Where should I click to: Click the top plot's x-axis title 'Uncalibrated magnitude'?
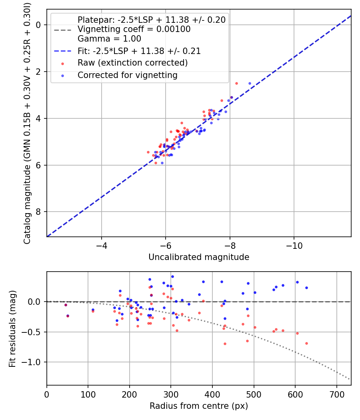point(199,257)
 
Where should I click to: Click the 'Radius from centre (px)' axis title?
point(199,406)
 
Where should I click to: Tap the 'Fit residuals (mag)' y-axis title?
point(12,328)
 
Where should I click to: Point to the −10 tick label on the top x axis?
point(294,245)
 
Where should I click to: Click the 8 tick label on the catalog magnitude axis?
point(39,212)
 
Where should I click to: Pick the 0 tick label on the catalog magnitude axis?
point(39,25)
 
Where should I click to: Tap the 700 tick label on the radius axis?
point(336,394)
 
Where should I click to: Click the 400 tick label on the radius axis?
point(212,394)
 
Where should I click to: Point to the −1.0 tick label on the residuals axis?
point(34,362)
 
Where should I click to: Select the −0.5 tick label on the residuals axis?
point(34,332)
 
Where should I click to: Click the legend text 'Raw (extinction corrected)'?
point(132,63)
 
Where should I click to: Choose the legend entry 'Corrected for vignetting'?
point(127,75)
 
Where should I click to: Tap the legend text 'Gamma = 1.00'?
point(109,39)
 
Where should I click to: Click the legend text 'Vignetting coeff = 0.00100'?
point(134,29)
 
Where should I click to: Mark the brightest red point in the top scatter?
point(236,83)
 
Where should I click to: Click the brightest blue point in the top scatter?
point(250,83)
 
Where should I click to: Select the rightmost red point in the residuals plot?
point(306,343)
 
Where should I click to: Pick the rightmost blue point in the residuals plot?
point(306,288)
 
